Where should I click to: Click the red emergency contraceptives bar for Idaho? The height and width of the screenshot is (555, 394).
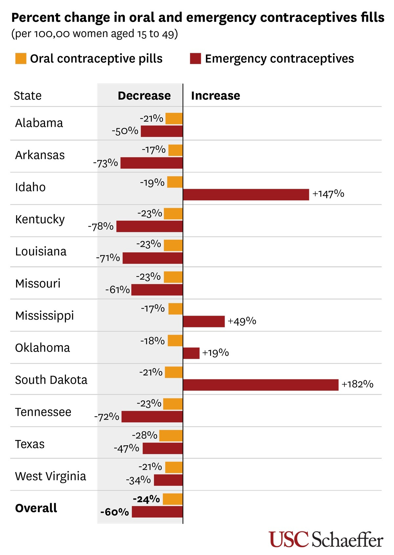click(246, 194)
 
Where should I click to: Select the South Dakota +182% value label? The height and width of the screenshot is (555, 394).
click(358, 384)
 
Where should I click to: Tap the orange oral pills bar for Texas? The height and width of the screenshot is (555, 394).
click(171, 436)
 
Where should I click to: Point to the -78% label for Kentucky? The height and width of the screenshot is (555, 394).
click(101, 226)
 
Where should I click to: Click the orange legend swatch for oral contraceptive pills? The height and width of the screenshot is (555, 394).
click(21, 58)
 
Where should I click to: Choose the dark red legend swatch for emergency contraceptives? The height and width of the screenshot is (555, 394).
click(195, 58)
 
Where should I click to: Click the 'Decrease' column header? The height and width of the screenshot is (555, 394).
click(144, 96)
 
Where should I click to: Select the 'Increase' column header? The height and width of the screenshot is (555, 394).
click(215, 96)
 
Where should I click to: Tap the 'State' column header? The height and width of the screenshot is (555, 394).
click(28, 96)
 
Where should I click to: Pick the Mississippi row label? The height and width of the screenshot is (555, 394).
click(45, 316)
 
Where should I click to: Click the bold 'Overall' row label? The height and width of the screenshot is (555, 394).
click(36, 508)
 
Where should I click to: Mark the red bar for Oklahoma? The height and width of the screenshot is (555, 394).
click(191, 353)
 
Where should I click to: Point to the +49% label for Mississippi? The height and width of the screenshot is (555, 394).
click(242, 321)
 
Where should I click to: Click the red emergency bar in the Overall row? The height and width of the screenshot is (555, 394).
click(157, 512)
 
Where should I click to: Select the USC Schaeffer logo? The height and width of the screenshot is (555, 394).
click(326, 539)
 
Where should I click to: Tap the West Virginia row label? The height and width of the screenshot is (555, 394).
click(51, 476)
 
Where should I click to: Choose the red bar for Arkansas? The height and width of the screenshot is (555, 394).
click(151, 163)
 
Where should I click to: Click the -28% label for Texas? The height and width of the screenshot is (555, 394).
click(145, 435)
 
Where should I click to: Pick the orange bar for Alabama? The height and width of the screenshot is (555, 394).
click(174, 119)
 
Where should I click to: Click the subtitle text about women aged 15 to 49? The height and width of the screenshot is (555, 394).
click(95, 34)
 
